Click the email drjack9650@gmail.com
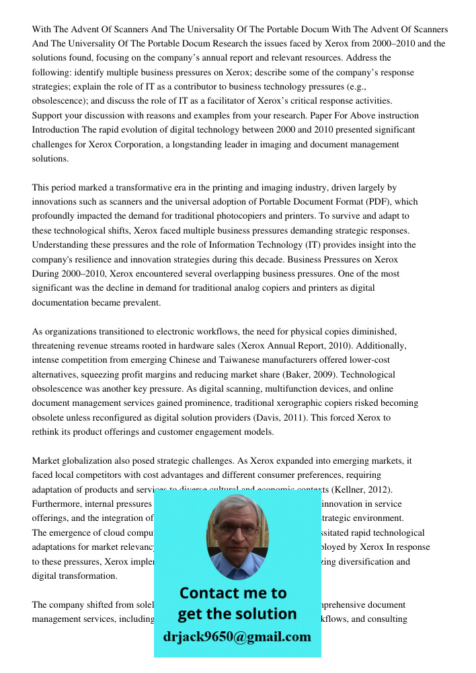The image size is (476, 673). click(x=237, y=637)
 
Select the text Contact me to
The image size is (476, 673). click(x=233, y=593)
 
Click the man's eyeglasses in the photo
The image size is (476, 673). click(x=237, y=530)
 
